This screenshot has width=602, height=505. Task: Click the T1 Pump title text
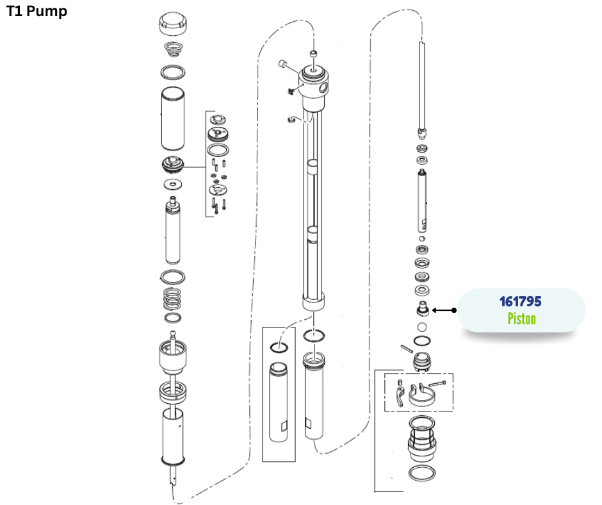37,11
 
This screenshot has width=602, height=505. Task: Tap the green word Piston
521,319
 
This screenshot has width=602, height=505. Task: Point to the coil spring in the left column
172,297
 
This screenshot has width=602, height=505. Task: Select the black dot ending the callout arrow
454,310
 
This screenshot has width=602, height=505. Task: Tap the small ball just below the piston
422,327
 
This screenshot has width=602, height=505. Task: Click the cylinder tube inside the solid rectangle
279,402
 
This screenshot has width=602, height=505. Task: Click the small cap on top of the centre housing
314,53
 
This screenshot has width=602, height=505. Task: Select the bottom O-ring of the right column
422,474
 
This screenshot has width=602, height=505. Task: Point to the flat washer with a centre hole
172,185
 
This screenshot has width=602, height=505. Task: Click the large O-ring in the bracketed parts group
220,150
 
